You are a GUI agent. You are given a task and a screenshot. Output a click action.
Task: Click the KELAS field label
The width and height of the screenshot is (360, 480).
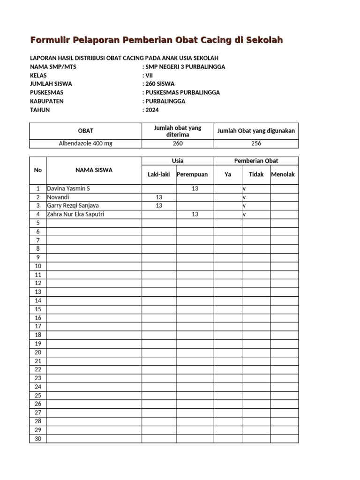pyautogui.click(x=38, y=75)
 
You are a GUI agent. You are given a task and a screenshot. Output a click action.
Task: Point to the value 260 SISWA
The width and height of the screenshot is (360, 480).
pyautogui.click(x=160, y=84)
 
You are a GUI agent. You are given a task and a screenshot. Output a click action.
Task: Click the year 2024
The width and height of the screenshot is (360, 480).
pyautogui.click(x=152, y=110)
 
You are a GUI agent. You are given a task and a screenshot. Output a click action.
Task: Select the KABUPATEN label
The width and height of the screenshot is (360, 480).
pyautogui.click(x=47, y=101)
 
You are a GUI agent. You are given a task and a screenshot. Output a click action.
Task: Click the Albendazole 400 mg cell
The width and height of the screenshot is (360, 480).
pyautogui.click(x=85, y=143)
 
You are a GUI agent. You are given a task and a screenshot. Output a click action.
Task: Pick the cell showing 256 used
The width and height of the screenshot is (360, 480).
pyautogui.click(x=256, y=143)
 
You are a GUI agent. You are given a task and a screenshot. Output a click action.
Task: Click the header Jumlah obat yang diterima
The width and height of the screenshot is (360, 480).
pyautogui.click(x=178, y=131)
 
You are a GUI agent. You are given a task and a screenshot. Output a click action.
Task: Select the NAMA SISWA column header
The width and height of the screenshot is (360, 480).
pyautogui.click(x=94, y=170)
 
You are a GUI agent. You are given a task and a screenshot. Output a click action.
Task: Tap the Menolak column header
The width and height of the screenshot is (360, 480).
pyautogui.click(x=283, y=174)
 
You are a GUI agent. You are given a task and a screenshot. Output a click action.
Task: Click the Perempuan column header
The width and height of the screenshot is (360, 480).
pyautogui.click(x=192, y=174)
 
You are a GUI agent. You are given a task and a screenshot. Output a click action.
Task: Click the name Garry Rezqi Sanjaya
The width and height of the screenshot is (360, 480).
pyautogui.click(x=73, y=205)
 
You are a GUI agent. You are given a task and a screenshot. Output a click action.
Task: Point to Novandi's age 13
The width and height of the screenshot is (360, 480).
pyautogui.click(x=159, y=197)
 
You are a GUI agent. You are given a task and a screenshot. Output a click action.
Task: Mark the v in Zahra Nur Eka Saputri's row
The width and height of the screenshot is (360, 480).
pyautogui.click(x=244, y=214)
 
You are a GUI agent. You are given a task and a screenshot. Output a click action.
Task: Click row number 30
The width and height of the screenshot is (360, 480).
pyautogui.click(x=38, y=439)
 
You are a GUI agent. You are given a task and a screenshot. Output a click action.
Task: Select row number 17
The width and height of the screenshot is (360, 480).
pyautogui.click(x=38, y=326)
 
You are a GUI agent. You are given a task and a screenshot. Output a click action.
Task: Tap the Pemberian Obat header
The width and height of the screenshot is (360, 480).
pyautogui.click(x=256, y=161)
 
